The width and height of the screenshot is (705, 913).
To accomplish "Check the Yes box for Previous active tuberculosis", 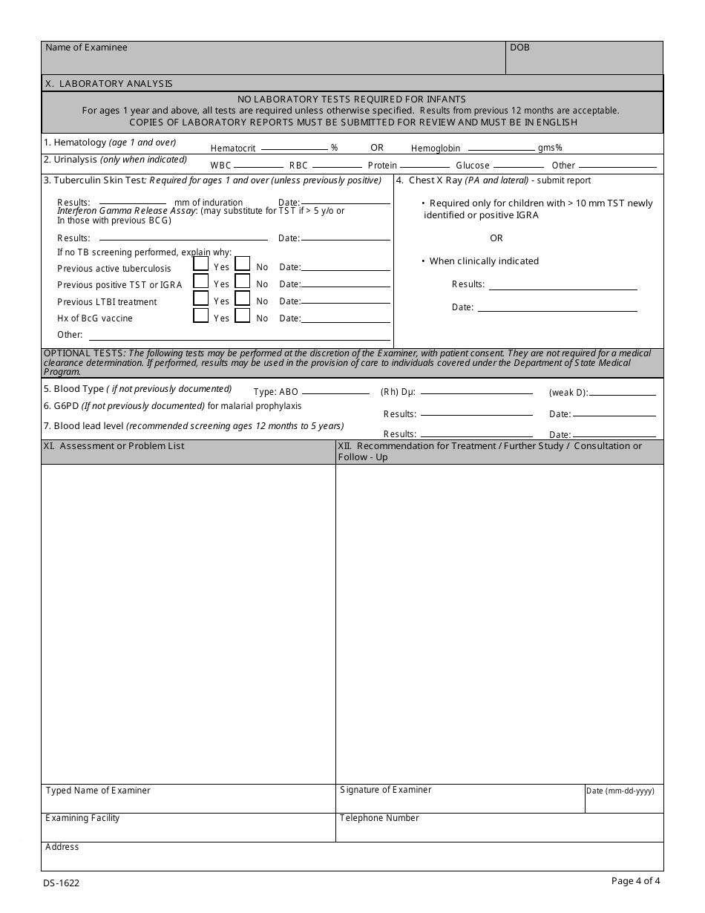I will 200,264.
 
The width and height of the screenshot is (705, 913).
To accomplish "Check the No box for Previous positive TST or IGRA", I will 243,281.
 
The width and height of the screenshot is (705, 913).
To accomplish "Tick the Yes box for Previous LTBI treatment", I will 200,298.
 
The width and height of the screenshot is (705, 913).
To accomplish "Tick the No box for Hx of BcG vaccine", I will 243,315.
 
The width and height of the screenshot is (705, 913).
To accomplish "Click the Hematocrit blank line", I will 294,148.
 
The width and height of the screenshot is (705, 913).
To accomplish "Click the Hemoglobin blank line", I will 501,148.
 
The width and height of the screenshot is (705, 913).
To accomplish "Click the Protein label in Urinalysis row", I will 382,166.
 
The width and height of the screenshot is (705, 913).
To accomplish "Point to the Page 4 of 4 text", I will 635,881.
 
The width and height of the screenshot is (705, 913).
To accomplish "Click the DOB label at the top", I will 519,48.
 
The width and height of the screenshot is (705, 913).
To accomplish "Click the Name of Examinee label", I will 86,48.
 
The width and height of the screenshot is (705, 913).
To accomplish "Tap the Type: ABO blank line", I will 335,392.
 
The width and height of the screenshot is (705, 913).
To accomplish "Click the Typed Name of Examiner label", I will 98,791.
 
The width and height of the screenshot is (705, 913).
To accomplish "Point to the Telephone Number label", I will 379,818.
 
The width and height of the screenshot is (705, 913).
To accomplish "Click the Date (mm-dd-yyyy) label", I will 620,791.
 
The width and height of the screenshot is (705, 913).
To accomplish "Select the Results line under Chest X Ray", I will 563,288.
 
